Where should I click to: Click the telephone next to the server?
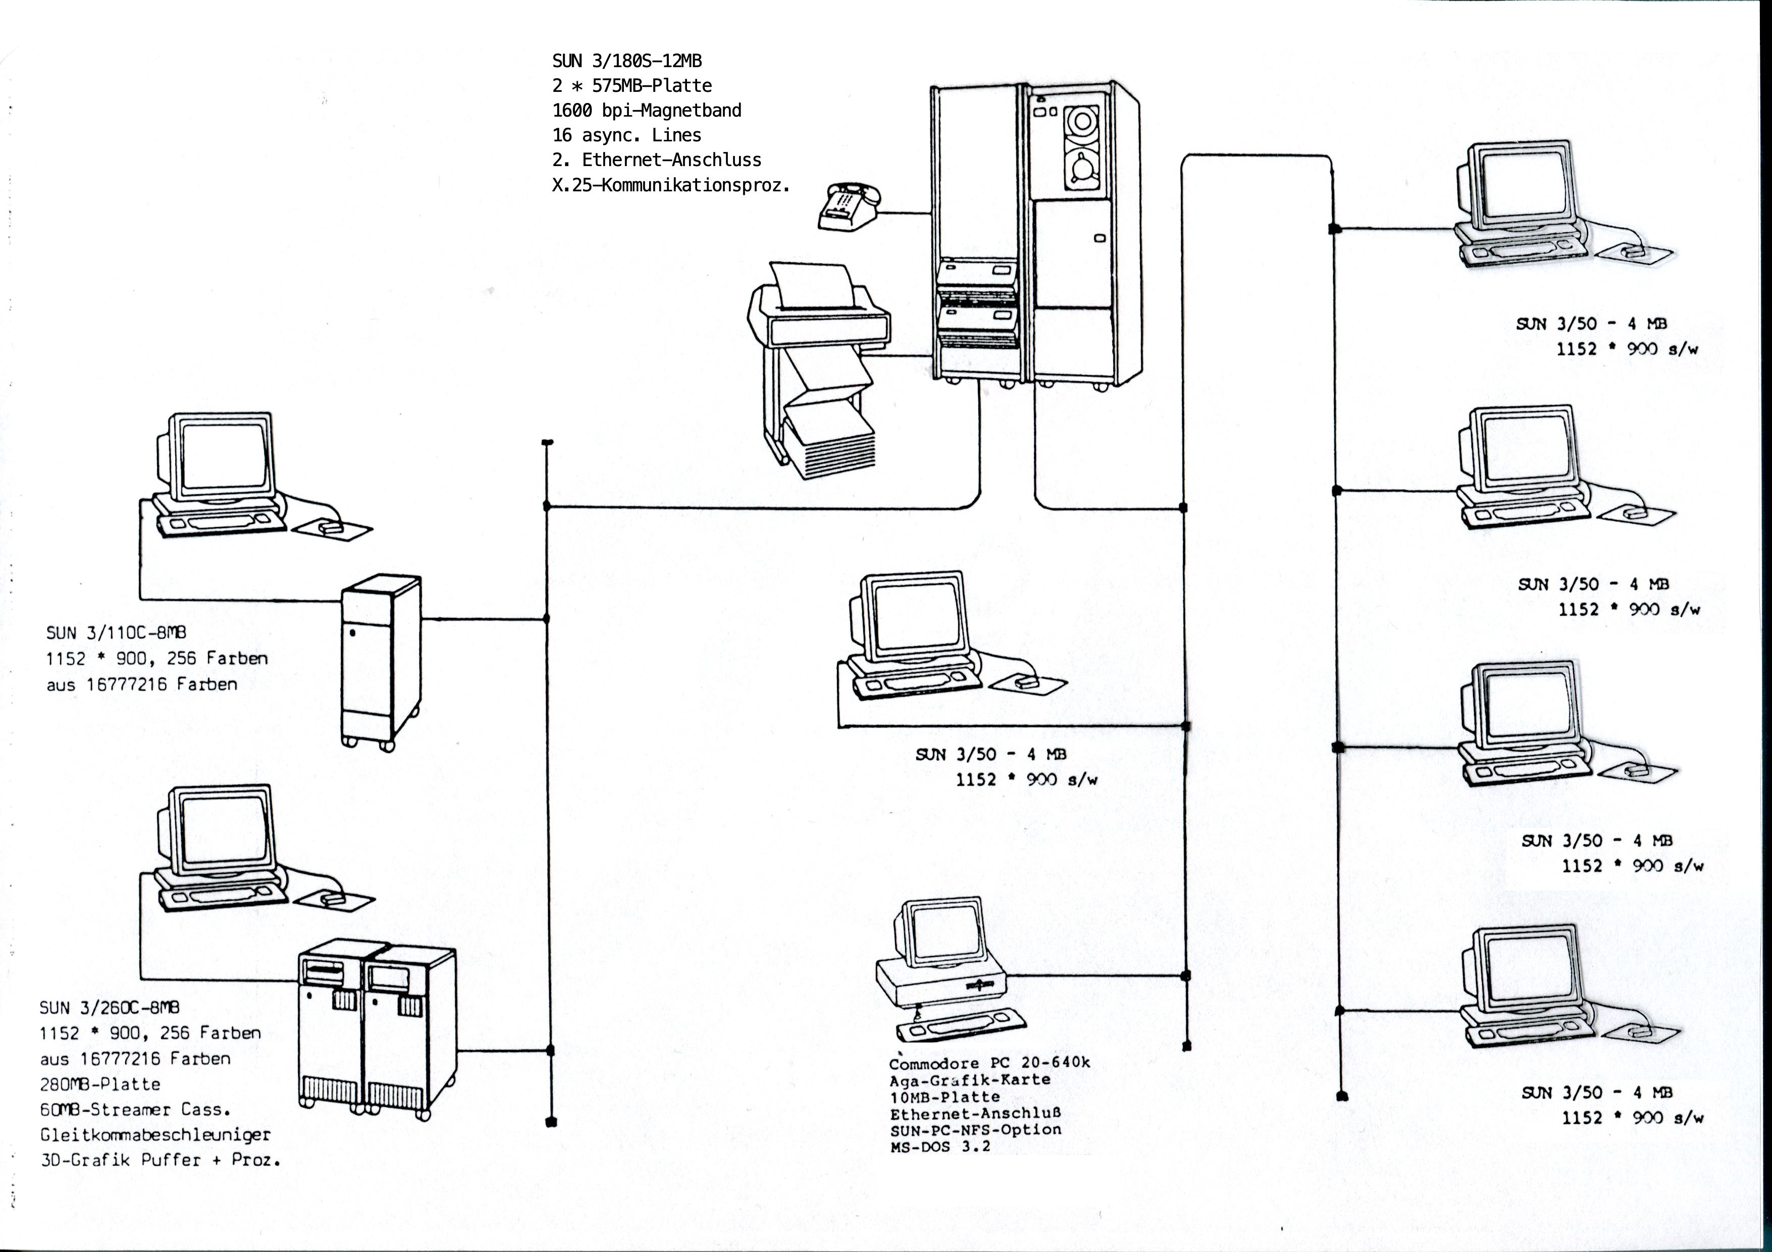pos(849,207)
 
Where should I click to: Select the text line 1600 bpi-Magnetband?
pos(647,111)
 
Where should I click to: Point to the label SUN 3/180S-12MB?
pos(627,60)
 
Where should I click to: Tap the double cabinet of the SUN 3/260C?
pos(377,1030)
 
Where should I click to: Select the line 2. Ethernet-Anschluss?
pos(657,160)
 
